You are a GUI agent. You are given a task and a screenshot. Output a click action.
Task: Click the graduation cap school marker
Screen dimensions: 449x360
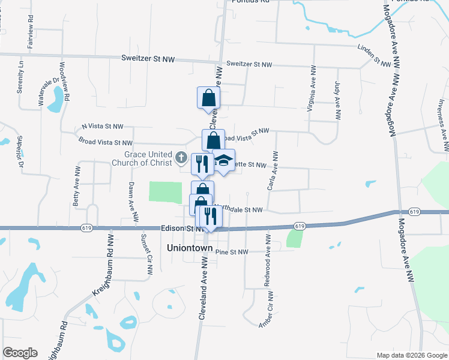224,161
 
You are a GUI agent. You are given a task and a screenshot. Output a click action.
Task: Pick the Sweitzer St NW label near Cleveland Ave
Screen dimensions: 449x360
249,64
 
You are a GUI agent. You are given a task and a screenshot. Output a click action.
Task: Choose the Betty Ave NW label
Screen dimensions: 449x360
76,191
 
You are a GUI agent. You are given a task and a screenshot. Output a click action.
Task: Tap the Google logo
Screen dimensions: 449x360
20,352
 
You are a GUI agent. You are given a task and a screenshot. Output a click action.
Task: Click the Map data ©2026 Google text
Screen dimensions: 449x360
412,355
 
